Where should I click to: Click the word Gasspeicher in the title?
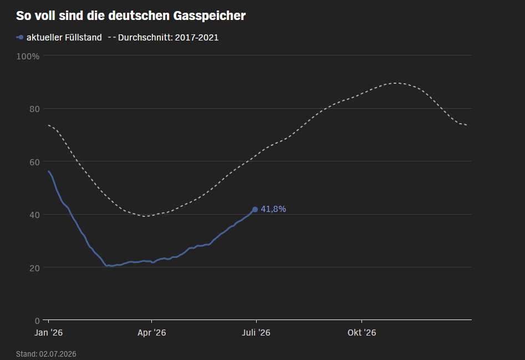click(209, 16)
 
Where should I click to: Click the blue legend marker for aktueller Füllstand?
click(20, 38)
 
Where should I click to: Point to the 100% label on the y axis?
click(28, 56)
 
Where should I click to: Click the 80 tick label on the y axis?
click(34, 109)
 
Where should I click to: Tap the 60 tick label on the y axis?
click(34, 162)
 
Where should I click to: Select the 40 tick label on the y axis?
click(34, 215)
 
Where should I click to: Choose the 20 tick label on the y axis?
click(34, 268)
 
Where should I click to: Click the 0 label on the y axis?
click(37, 321)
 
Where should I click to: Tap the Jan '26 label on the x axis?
click(49, 332)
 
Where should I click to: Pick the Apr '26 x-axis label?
click(152, 332)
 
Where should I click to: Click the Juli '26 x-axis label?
click(256, 332)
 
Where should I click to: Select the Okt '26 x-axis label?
click(361, 332)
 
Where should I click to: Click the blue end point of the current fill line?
click(255, 209)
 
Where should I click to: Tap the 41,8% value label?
click(273, 209)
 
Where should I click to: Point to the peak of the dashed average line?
click(396, 83)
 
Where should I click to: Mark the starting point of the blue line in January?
click(49, 171)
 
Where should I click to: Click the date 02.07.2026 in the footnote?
click(58, 354)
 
